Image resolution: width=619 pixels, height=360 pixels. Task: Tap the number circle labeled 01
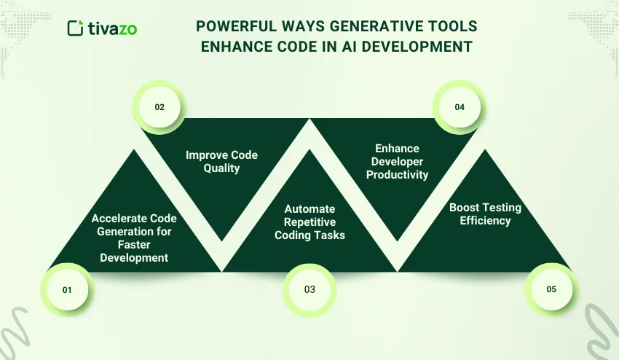(x=67, y=289)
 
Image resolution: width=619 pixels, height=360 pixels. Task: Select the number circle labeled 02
(x=159, y=107)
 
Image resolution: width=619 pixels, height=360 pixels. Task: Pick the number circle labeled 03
(x=309, y=289)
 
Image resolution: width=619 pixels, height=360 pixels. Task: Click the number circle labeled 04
(x=460, y=107)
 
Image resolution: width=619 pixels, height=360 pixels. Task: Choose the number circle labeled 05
(x=551, y=289)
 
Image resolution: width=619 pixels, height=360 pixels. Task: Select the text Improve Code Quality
(x=221, y=161)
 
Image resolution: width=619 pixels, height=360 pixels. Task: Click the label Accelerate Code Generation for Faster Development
(x=134, y=238)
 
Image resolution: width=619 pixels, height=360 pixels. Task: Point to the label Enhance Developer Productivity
(x=398, y=161)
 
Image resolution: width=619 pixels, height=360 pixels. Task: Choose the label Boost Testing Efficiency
(x=485, y=214)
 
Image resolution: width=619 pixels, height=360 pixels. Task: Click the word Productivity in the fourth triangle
(x=398, y=174)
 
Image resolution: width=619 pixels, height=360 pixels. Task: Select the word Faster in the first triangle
(x=134, y=245)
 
